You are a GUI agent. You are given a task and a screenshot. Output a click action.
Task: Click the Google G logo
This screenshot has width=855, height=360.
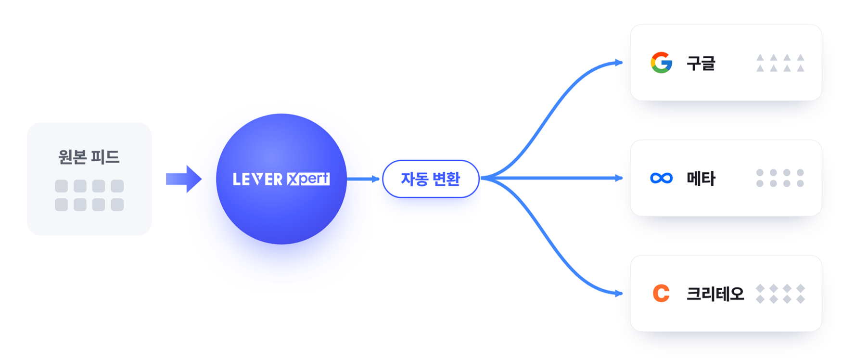[x=662, y=63]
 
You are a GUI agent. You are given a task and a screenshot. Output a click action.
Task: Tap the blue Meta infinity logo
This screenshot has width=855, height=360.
[x=661, y=178]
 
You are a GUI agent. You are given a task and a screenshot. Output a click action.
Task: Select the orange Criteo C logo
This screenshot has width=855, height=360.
[x=661, y=293]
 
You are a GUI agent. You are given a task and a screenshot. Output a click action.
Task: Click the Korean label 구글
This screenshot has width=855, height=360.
[x=701, y=63]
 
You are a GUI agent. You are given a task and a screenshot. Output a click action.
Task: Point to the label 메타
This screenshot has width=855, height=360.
[x=701, y=179]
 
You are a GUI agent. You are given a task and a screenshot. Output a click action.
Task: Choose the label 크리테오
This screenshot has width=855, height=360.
[x=715, y=294]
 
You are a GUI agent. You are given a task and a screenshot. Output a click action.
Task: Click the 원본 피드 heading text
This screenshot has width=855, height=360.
[x=89, y=157]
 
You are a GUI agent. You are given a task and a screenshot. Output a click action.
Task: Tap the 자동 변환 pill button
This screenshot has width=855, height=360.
[x=431, y=179]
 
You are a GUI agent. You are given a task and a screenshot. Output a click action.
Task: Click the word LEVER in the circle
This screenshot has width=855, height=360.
[x=257, y=179]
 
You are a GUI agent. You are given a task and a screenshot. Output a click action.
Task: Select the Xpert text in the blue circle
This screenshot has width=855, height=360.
[x=308, y=179]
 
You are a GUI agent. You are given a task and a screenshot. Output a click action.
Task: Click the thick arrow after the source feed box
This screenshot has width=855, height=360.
[x=184, y=179]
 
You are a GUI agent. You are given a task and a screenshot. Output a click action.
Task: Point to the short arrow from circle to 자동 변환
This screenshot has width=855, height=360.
[x=363, y=179]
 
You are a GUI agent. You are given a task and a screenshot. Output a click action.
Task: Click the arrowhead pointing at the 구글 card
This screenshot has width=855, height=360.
[x=619, y=63]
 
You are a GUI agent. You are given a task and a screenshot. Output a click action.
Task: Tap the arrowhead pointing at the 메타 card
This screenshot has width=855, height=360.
[x=619, y=178]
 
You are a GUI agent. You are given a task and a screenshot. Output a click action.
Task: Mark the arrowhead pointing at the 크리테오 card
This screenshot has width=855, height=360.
[x=619, y=294]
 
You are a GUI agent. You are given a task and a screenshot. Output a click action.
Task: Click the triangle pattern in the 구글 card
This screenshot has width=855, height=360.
[x=780, y=63]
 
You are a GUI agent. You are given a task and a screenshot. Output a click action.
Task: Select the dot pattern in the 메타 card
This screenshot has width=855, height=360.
[x=780, y=178]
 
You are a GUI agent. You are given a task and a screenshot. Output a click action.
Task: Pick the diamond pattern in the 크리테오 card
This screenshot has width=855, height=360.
[x=780, y=294]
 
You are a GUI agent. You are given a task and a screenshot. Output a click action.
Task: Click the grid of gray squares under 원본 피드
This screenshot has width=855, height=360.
[x=89, y=195]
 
